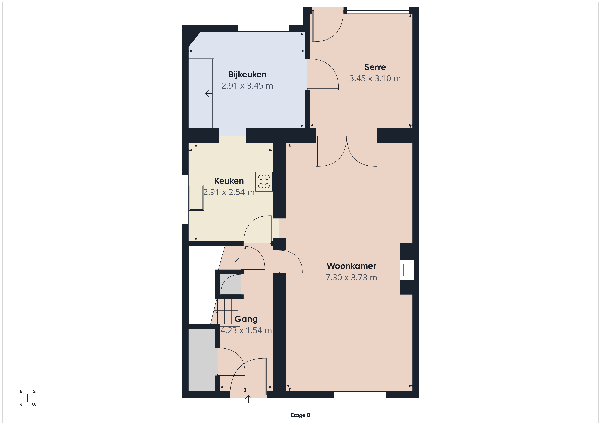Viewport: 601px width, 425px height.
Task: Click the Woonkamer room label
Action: click(351, 266)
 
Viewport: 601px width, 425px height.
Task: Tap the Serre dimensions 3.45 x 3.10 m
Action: click(375, 78)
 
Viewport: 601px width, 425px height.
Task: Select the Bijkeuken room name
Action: click(247, 75)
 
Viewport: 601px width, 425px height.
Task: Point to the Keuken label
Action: click(229, 181)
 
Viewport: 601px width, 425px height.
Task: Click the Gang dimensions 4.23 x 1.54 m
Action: click(246, 330)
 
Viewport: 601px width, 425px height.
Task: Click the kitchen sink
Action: click(196, 198)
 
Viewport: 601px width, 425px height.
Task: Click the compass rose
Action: click(27, 398)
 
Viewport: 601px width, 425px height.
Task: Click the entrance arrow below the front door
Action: click(248, 399)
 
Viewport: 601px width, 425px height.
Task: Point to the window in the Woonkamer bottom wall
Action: click(360, 395)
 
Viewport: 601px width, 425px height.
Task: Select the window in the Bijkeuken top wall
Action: click(263, 28)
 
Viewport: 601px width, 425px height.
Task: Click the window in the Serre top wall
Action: click(378, 10)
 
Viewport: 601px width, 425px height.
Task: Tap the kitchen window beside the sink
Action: click(185, 199)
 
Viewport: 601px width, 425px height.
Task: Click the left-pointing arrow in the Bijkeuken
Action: click(209, 93)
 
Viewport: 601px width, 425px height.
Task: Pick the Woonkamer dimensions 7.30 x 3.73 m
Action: click(351, 277)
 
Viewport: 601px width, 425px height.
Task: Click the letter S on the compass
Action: click(34, 391)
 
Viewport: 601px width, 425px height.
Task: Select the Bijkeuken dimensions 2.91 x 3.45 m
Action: click(247, 86)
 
